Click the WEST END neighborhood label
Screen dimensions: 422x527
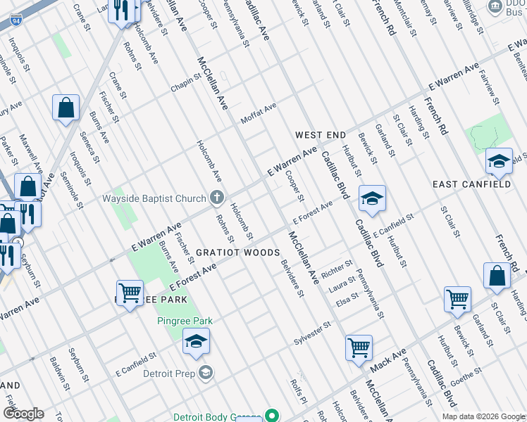click(x=320, y=134)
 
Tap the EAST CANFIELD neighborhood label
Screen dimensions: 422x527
click(x=471, y=184)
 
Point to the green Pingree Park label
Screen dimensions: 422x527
click(x=184, y=321)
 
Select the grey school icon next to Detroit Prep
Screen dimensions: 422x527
click(x=206, y=372)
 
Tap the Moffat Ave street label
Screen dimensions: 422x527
click(x=259, y=111)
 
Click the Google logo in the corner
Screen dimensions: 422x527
click(x=23, y=413)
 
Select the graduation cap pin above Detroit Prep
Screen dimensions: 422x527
click(x=196, y=342)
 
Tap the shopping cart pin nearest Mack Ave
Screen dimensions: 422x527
click(x=359, y=347)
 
